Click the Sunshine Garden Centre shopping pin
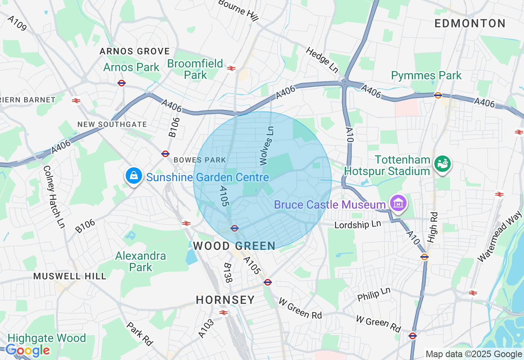pyautogui.click(x=133, y=176)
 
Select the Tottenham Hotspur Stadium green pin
pyautogui.click(x=442, y=164)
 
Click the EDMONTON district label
pyautogui.click(x=470, y=24)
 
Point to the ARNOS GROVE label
pyautogui.click(x=135, y=52)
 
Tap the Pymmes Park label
pyautogui.click(x=426, y=76)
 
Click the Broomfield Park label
pyautogui.click(x=195, y=69)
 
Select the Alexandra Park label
pyautogui.click(x=140, y=261)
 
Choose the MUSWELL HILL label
pyautogui.click(x=70, y=276)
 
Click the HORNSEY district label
pyautogui.click(x=225, y=300)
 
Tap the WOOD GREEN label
pyautogui.click(x=234, y=246)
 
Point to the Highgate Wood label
pyautogui.click(x=47, y=338)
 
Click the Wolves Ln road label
pyautogui.click(x=266, y=146)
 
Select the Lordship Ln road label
pyautogui.click(x=357, y=225)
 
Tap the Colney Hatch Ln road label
pyautogui.click(x=54, y=196)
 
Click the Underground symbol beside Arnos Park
pyautogui.click(x=121, y=83)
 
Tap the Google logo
pyautogui.click(x=27, y=351)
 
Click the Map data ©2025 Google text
pyautogui.click(x=474, y=354)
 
